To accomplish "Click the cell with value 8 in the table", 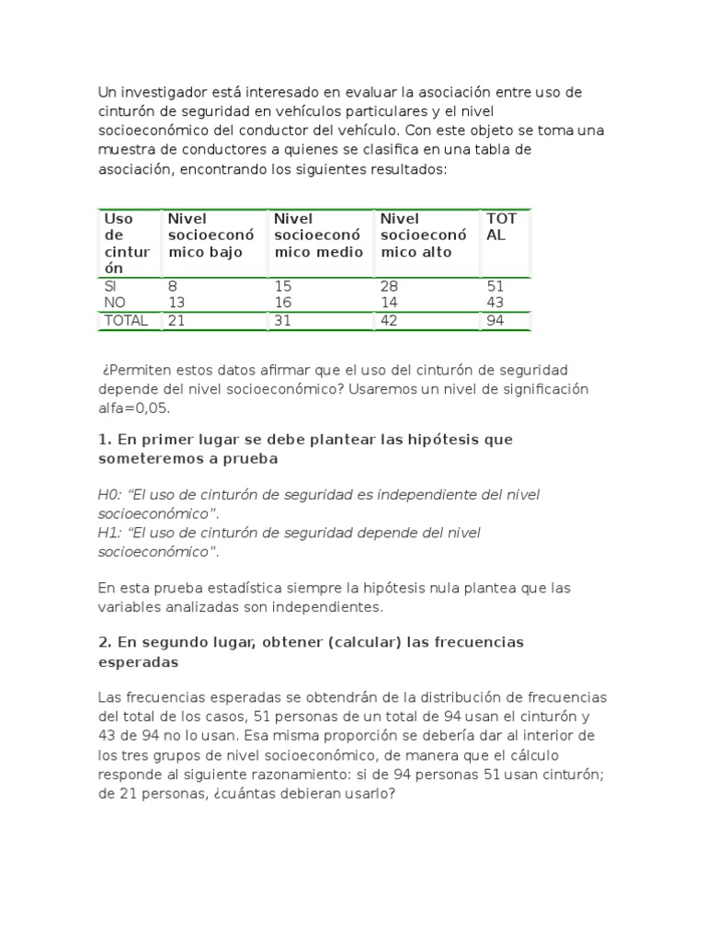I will [x=172, y=286].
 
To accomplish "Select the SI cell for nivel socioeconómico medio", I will [x=283, y=286].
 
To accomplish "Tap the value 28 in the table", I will [x=389, y=286].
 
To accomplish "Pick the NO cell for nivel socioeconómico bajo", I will [x=176, y=303].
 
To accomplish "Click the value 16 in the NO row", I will [x=283, y=303].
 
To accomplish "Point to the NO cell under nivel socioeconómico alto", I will [x=389, y=303].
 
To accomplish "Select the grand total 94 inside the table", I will [x=495, y=320].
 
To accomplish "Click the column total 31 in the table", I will [x=283, y=320].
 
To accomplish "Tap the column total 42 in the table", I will [x=389, y=320].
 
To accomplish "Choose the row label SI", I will [x=111, y=286].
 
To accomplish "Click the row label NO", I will [x=115, y=303].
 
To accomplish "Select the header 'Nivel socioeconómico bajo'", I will [x=205, y=235].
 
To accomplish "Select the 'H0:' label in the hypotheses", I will [x=109, y=495].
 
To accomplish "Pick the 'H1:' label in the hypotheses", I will [x=109, y=534].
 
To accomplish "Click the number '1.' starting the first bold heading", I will [x=104, y=440].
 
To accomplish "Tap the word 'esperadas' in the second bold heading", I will [x=138, y=661].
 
